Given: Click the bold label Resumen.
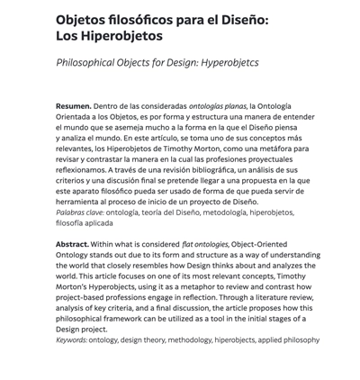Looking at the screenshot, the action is pyautogui.click(x=73, y=106).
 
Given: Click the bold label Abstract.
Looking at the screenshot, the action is pyautogui.click(x=72, y=244).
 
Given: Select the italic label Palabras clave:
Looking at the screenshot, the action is pyautogui.click(x=80, y=213).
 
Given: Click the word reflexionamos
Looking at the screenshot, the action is pyautogui.click(x=81, y=170).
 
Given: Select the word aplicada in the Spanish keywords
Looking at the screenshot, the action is pyautogui.click(x=99, y=223).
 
